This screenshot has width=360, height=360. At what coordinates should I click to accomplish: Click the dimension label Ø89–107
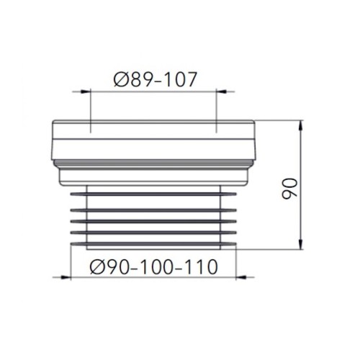click(x=156, y=79)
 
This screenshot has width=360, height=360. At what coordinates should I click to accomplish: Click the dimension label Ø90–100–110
click(x=154, y=267)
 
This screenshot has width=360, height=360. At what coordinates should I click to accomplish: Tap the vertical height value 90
click(x=289, y=189)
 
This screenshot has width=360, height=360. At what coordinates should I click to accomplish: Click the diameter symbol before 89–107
click(x=122, y=79)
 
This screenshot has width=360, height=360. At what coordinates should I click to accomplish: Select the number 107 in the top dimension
click(x=181, y=79)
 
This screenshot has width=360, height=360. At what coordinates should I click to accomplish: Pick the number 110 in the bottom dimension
click(x=202, y=267)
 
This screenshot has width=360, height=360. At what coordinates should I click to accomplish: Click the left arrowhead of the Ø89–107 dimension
click(x=85, y=91)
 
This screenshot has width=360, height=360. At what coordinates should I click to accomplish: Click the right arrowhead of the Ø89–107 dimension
click(x=221, y=91)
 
